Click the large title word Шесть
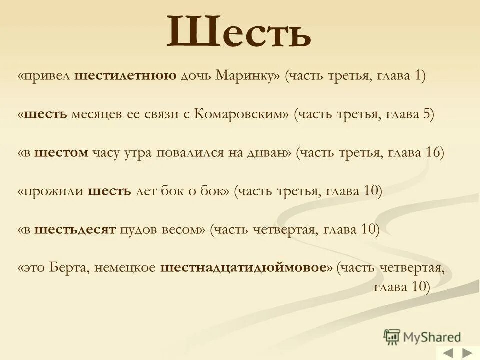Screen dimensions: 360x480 pos(239,32)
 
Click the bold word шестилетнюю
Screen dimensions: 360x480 pos(125,76)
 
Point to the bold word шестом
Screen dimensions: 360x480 pos(62,153)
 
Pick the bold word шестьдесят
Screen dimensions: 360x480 pos(75,229)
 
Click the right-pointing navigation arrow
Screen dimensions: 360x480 pos(467,353)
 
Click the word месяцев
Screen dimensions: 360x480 pos(95,114)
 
